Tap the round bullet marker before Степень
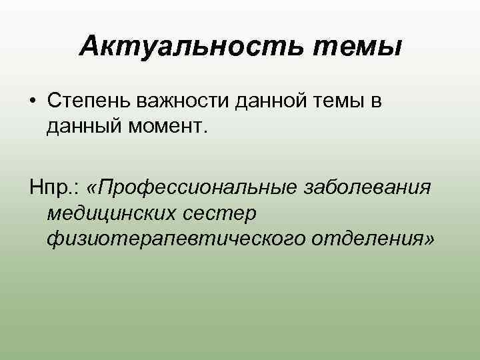pos(33,101)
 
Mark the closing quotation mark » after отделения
pos(428,239)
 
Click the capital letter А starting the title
pos(87,46)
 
